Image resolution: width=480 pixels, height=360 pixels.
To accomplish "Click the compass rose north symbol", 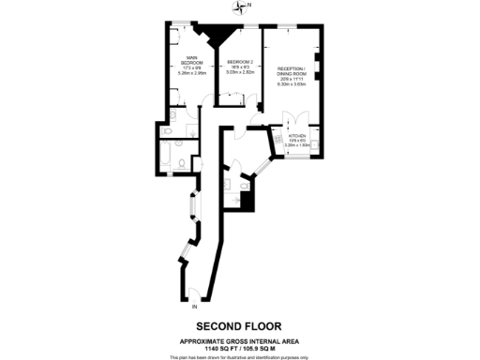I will point(241,7).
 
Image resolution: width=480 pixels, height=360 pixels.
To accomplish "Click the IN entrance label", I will point(194,307).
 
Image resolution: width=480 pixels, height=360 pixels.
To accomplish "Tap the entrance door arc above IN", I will point(192,293).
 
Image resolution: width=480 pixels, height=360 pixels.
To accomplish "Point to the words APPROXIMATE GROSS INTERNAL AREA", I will point(240,338).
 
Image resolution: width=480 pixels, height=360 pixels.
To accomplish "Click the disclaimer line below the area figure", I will point(240,355).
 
